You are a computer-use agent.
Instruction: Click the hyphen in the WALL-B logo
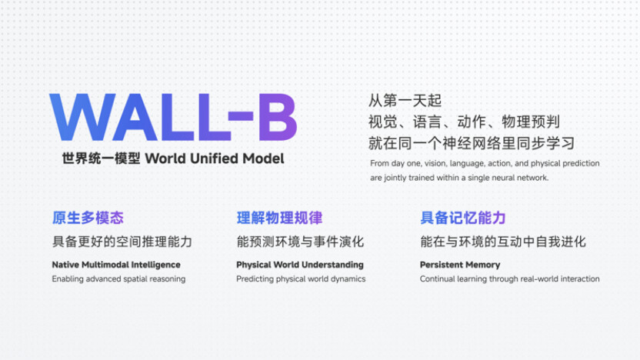point(241,115)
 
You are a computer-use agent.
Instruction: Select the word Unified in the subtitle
point(214,158)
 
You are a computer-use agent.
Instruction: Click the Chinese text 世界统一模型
point(102,158)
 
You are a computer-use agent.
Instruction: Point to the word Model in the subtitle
point(263,158)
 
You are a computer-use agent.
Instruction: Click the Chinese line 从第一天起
point(405,101)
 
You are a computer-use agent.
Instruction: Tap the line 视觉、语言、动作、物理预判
point(464,122)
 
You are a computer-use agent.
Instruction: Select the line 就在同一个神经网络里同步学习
point(472,143)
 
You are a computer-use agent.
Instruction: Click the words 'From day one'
point(395,163)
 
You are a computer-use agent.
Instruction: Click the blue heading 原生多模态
point(88,218)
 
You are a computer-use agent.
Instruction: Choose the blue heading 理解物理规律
point(279,218)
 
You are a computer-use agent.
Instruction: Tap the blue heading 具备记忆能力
point(463,218)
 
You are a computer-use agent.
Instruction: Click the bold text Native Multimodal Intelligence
point(116,265)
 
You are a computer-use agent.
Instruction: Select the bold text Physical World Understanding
point(299,265)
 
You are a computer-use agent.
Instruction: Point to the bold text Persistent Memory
point(460,265)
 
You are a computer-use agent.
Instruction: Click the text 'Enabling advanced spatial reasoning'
point(118,279)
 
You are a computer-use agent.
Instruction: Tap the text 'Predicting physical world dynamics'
point(301,279)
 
